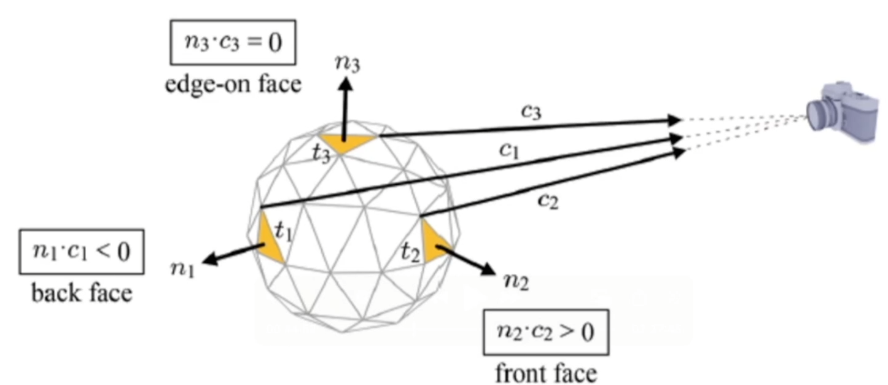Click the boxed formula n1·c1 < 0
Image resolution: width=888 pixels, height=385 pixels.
[82, 252]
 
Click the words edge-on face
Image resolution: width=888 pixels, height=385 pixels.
[233, 84]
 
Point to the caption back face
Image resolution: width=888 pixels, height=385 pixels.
[82, 293]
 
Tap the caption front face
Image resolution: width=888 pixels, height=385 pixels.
[545, 372]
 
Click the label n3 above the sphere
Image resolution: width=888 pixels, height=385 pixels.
[348, 64]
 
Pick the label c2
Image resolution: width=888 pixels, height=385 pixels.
[548, 201]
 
